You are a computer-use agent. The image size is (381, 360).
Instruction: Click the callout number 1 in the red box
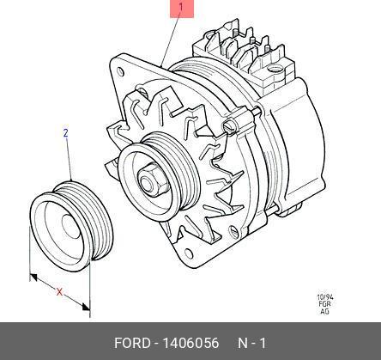[x=181, y=8]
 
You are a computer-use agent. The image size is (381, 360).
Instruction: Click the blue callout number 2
[x=66, y=133]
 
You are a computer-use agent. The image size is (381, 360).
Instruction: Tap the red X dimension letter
[x=59, y=292]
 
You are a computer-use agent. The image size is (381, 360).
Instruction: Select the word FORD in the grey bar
[x=132, y=343]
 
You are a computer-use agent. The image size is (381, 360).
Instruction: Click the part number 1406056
[x=190, y=343]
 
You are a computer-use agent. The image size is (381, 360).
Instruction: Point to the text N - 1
[x=252, y=343]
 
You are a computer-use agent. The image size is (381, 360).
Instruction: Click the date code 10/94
[x=325, y=297]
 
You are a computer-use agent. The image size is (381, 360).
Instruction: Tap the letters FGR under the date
[x=325, y=304]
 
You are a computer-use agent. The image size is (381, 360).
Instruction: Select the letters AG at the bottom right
[x=324, y=311]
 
